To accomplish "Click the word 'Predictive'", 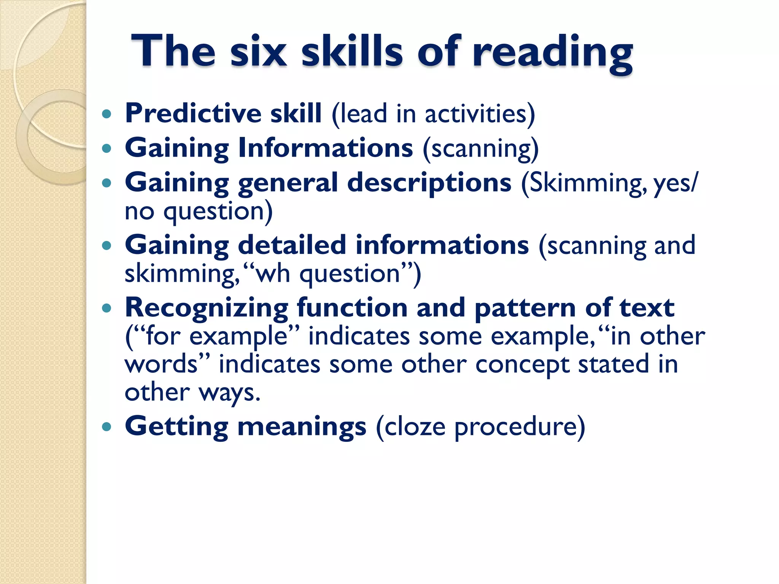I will (193, 113).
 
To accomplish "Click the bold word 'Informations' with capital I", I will (326, 148).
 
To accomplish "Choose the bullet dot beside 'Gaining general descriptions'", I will (107, 183).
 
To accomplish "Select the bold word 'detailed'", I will (292, 245).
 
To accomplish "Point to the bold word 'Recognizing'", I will (207, 308).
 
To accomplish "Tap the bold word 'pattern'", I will (525, 308).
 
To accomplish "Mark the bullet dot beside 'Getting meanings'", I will (107, 426).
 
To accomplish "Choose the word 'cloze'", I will (415, 427).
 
